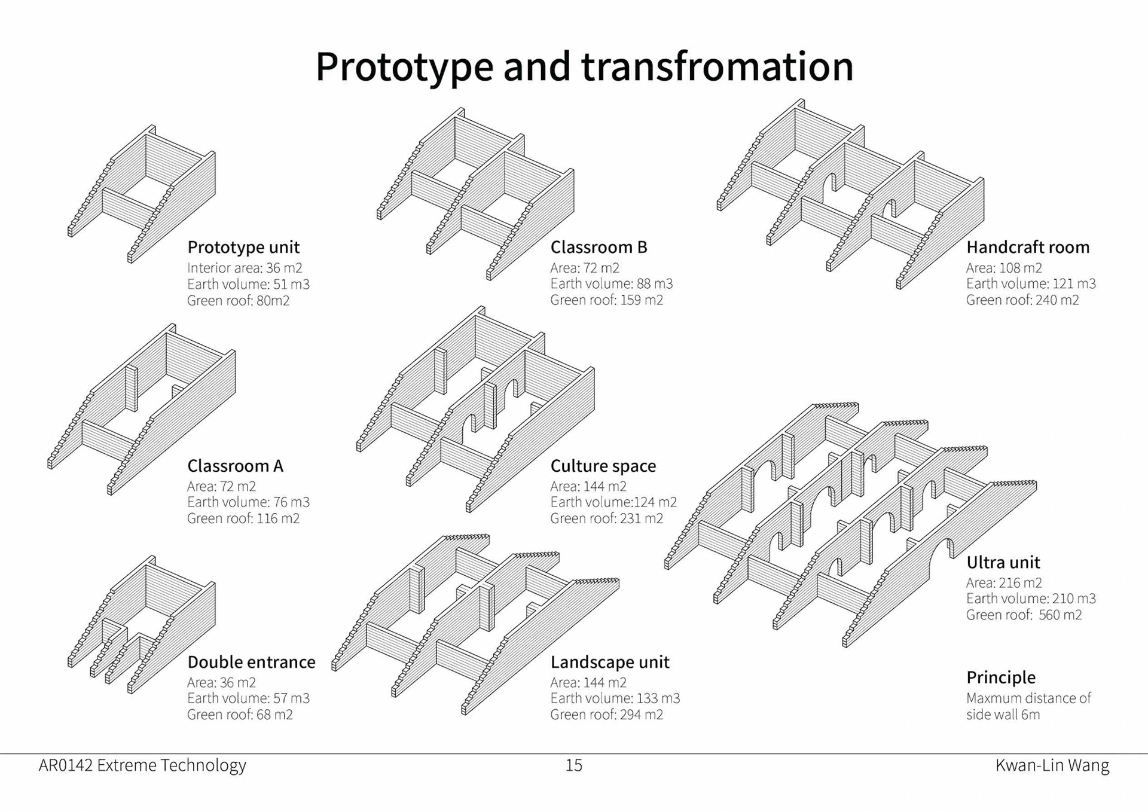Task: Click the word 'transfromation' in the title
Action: tap(717, 66)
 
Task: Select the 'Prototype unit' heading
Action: tap(243, 247)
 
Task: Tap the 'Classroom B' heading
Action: tap(599, 247)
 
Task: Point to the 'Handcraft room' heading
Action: tap(1027, 247)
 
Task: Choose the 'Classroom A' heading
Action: tap(235, 466)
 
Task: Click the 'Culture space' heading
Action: tap(603, 466)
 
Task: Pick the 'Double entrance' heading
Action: tap(251, 662)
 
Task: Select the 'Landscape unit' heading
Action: tap(609, 662)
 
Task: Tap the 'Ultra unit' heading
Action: tap(1003, 562)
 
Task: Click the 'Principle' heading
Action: tap(1000, 677)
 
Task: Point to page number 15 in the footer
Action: tap(573, 765)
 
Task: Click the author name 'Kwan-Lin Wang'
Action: tap(1052, 765)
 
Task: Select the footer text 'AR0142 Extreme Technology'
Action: tap(142, 765)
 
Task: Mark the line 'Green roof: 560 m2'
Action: tap(1024, 615)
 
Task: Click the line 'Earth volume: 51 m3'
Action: tap(248, 284)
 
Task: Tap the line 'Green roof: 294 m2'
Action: tap(606, 715)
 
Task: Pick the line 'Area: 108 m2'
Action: tap(1003, 268)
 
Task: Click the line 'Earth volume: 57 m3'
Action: tap(248, 698)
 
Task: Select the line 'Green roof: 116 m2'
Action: tap(243, 518)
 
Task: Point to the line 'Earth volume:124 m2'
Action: tap(613, 502)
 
